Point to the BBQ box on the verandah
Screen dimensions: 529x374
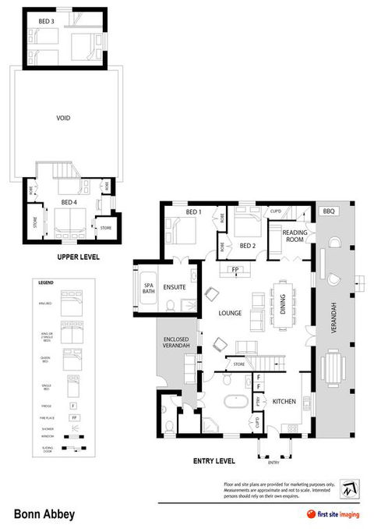click(x=327, y=211)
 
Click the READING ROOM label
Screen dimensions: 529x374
click(x=295, y=236)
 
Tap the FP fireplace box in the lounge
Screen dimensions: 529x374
click(x=234, y=270)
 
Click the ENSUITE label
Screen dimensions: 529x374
click(x=175, y=288)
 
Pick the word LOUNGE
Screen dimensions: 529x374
click(x=230, y=314)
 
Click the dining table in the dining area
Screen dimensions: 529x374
click(x=284, y=300)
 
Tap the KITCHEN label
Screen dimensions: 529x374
click(x=284, y=401)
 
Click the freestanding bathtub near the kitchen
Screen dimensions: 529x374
click(x=235, y=403)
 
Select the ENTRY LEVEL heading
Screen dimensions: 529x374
click(x=215, y=461)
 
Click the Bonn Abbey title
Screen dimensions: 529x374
click(x=44, y=514)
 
